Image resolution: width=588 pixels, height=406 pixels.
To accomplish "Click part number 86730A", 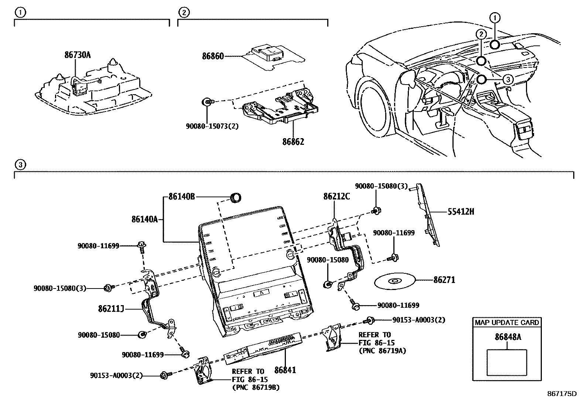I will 77,55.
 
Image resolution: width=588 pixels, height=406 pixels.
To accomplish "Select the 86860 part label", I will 213,57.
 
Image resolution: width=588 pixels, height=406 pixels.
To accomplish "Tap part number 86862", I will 293,141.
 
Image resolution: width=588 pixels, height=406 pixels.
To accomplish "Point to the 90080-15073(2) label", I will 212,126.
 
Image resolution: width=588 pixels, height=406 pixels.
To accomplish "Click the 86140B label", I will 181,197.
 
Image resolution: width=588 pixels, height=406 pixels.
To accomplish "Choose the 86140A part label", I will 144,219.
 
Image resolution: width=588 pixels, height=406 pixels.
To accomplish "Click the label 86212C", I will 336,197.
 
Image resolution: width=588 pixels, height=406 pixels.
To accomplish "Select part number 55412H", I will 461,212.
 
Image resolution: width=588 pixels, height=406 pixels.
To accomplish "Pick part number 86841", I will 285,369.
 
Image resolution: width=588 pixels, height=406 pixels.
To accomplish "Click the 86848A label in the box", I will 508,337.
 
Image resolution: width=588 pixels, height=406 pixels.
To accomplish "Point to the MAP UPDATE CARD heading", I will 507,323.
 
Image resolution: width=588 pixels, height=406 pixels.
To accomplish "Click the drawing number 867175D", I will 562,393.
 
